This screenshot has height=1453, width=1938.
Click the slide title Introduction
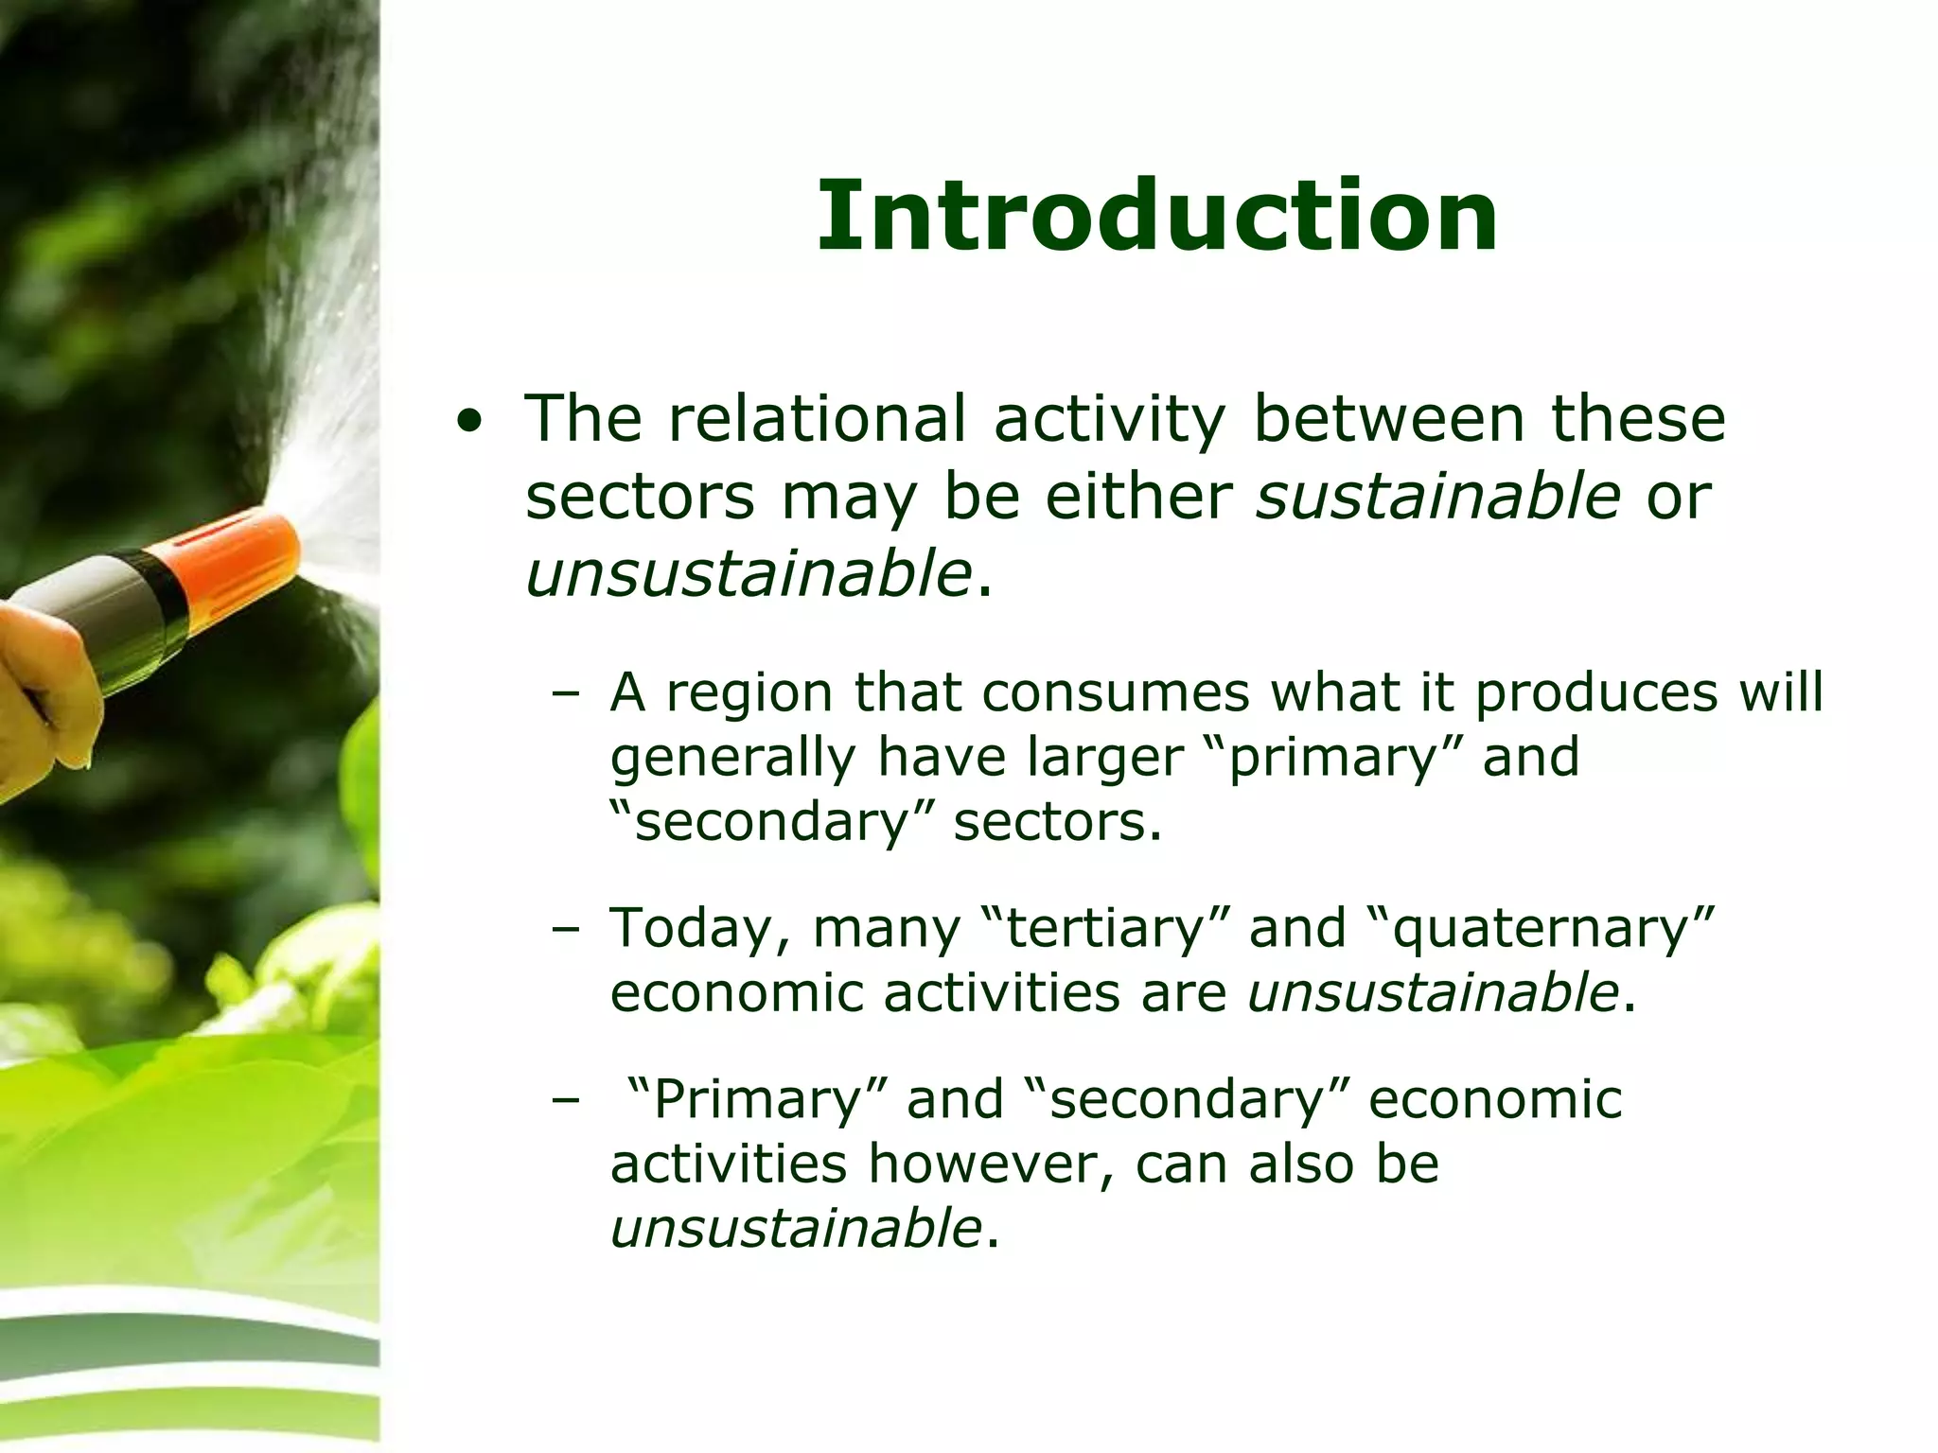1156,218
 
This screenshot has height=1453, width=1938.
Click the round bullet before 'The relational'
467,422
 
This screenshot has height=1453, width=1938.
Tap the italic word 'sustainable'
1436,496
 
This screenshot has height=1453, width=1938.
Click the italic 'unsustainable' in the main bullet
748,573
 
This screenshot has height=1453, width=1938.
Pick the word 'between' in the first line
1388,418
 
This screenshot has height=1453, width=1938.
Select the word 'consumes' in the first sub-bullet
1116,692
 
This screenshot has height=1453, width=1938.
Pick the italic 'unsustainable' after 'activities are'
1432,992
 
